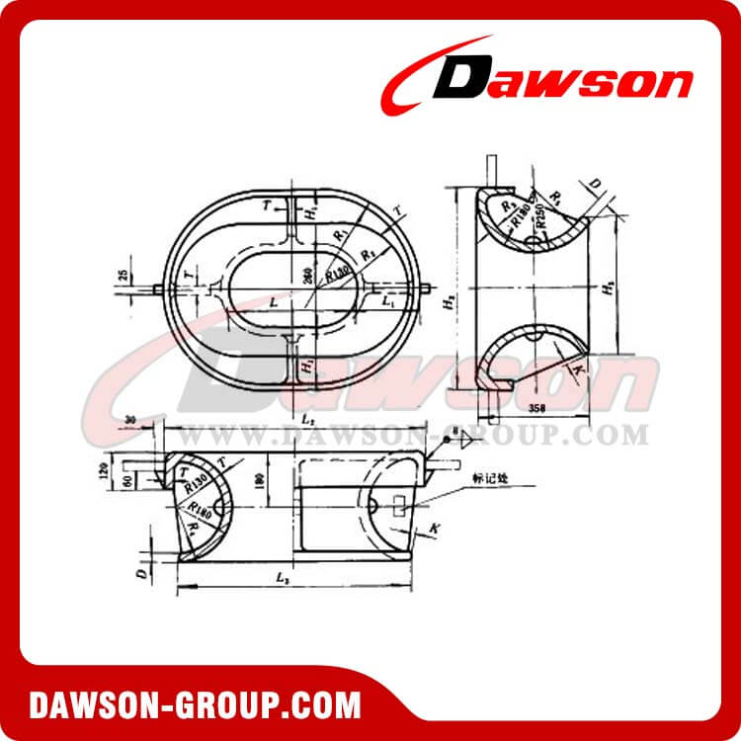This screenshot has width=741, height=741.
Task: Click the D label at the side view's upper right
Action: click(x=593, y=185)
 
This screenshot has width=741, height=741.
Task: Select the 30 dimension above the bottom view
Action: click(x=132, y=421)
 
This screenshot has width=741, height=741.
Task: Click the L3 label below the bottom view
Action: click(x=284, y=575)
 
